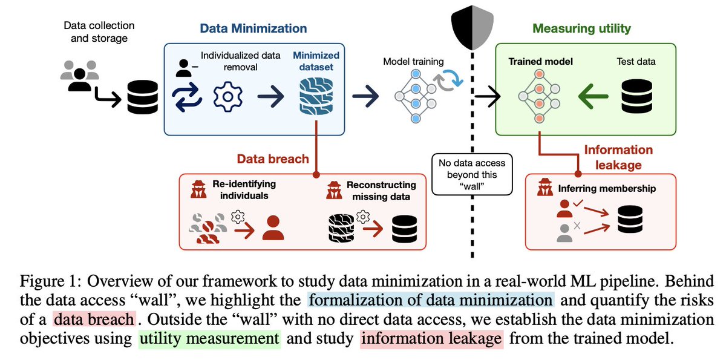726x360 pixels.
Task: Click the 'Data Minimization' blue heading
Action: (253, 28)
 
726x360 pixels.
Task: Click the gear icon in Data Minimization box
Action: (228, 97)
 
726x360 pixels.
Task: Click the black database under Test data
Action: (635, 96)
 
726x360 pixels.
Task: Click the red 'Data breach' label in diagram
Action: (273, 159)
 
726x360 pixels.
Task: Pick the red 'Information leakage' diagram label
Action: (618, 156)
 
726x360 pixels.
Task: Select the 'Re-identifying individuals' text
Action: (244, 190)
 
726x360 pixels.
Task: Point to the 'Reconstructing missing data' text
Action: (381, 191)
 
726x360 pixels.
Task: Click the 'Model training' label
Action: (414, 62)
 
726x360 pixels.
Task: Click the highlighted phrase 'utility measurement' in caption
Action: (209, 339)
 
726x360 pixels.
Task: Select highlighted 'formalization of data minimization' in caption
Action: (430, 300)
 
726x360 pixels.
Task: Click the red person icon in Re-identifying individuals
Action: (273, 228)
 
